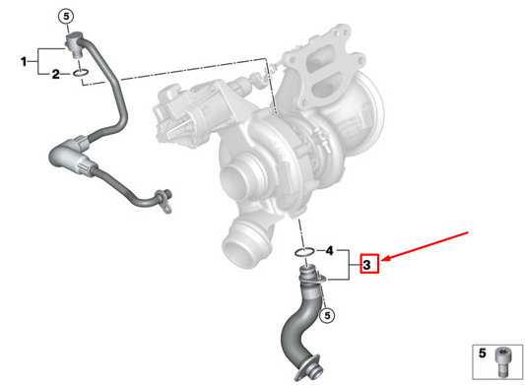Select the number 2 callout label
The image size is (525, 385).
56,74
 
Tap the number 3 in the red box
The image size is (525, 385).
367,264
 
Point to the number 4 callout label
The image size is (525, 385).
330,250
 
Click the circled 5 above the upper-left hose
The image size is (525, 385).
65,16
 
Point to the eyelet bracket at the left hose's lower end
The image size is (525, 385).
164,197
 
